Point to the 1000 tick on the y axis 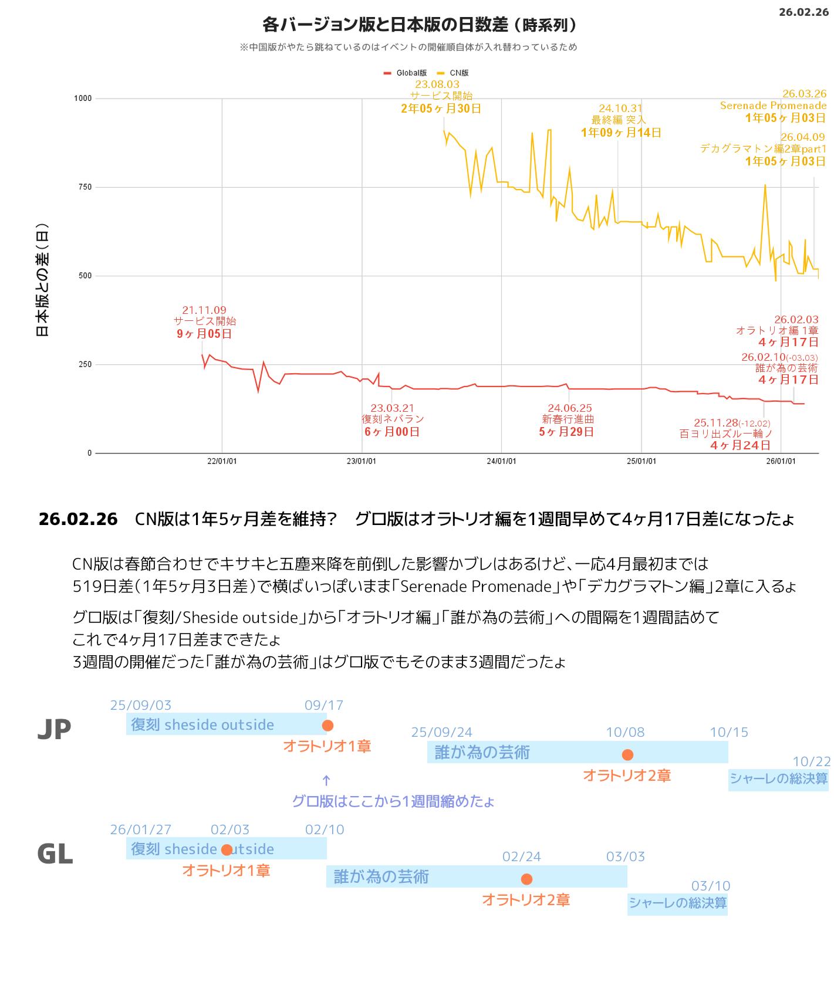click(83, 99)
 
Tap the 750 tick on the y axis click(85, 187)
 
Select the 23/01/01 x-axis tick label click(362, 461)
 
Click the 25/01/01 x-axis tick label click(641, 461)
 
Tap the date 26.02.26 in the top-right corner click(803, 12)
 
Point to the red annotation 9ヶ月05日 click(204, 334)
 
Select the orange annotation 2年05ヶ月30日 click(441, 109)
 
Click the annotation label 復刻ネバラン click(393, 419)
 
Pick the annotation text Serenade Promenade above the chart click(773, 106)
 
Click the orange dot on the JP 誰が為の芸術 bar click(627, 754)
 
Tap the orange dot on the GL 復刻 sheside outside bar click(227, 850)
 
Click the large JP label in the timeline click(54, 729)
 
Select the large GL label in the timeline click(55, 854)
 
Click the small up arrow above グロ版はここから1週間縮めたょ click(326, 780)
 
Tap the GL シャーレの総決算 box click(677, 903)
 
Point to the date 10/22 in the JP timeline click(811, 761)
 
